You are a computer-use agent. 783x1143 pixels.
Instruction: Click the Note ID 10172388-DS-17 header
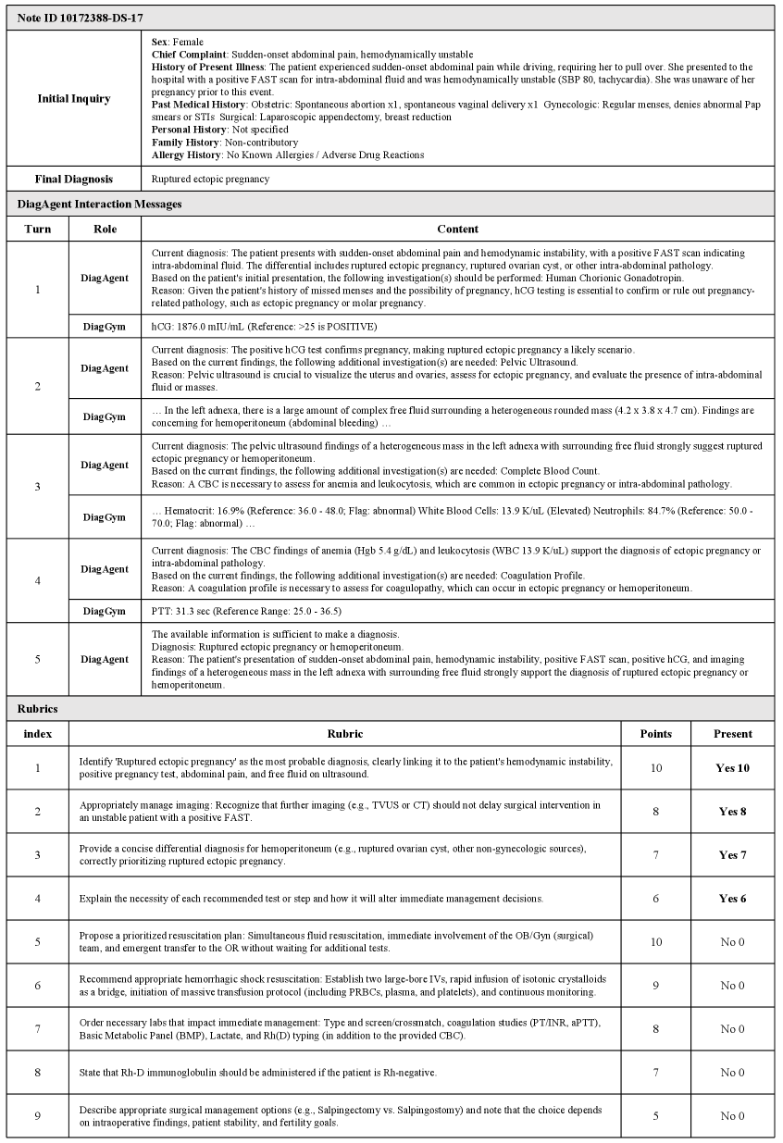point(81,18)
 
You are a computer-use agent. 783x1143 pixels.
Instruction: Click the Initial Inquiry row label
point(74,98)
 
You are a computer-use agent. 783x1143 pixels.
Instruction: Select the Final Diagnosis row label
point(74,179)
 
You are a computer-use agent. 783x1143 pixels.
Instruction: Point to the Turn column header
point(38,229)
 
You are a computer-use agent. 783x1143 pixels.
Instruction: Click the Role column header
point(106,229)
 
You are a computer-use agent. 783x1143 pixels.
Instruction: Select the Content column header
point(457,229)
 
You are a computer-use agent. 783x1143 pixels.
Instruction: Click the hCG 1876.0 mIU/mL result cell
point(264,327)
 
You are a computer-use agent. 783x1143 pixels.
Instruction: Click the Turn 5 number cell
point(38,659)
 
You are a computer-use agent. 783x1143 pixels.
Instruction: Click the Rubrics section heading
point(38,709)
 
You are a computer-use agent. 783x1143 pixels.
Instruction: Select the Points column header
point(655,733)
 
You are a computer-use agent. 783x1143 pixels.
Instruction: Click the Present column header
point(733,733)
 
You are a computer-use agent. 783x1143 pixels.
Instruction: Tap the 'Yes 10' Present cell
point(733,768)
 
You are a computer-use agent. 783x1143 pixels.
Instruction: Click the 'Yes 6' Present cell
point(733,899)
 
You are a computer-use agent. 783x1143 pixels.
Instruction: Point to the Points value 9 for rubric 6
point(655,986)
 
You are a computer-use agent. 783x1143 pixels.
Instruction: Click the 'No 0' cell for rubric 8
point(733,1072)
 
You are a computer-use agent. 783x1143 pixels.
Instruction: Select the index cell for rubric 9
point(38,1115)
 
